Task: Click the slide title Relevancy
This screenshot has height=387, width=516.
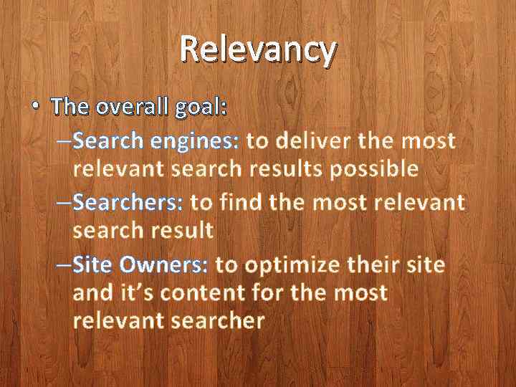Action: pos(257,49)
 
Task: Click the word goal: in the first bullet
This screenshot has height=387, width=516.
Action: pos(201,108)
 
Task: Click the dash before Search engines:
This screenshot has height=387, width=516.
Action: pos(64,140)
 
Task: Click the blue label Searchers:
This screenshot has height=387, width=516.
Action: pos(128,203)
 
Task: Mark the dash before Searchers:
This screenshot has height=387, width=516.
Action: pos(64,203)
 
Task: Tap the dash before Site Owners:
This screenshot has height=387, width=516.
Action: pos(64,264)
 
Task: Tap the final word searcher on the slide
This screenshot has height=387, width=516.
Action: pos(219,320)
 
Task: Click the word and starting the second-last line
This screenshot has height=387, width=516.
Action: pos(91,292)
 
